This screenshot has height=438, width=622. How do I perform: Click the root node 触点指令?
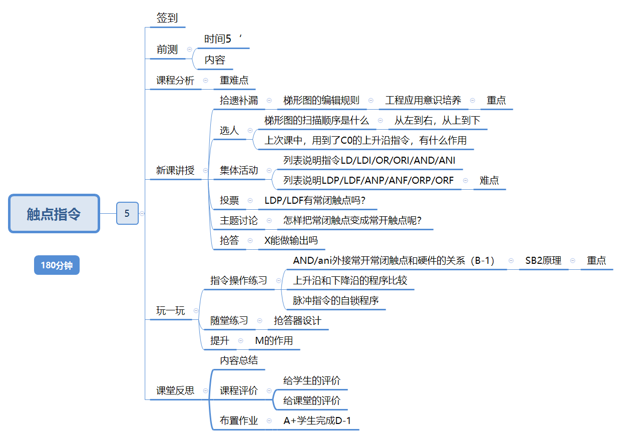pos(54,214)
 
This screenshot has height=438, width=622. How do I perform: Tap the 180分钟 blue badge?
pos(57,265)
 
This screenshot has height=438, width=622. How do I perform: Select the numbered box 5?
pos(127,213)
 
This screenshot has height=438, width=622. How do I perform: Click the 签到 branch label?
pos(167,19)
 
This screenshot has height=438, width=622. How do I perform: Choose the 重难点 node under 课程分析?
pos(234,80)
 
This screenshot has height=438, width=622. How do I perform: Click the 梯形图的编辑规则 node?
pos(321,100)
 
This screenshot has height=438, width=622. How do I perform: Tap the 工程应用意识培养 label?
pos(423,100)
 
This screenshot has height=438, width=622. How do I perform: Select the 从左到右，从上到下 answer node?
pos(437,121)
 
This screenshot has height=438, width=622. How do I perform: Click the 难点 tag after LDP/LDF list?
pos(489,180)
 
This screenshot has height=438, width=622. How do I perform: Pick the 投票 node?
pos(229,201)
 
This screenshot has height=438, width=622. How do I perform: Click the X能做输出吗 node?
pos(291,240)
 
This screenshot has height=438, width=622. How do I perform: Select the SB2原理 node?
pos(543,260)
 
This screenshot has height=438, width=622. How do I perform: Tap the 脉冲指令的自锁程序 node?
pos(336,300)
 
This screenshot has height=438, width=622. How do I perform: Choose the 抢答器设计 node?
pos(297,320)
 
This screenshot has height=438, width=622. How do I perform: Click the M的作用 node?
pos(274,341)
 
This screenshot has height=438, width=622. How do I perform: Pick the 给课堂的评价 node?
pos(312,400)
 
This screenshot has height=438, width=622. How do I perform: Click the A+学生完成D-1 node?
pos(317,420)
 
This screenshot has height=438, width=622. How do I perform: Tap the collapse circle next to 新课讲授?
pos(205,170)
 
